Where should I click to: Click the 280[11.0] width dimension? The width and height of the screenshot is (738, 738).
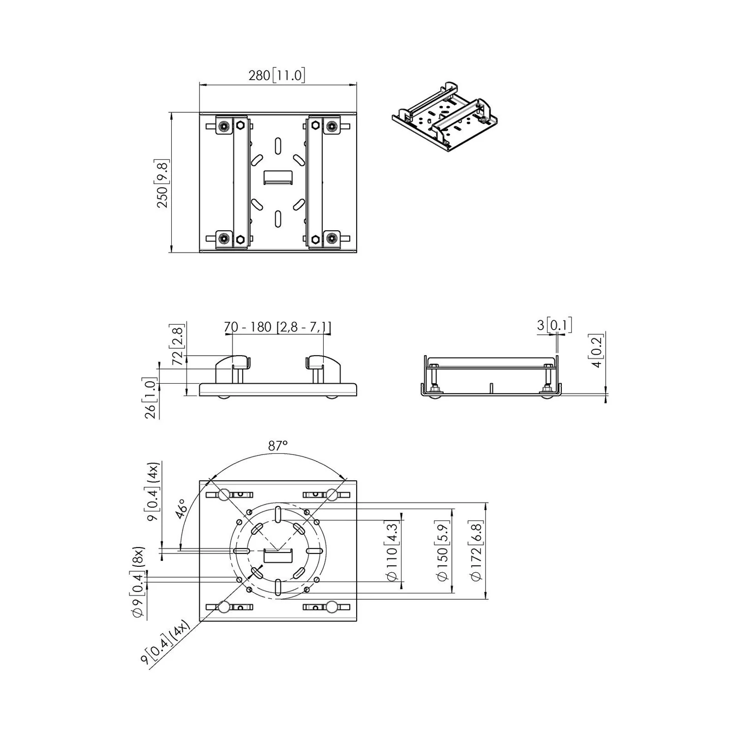[277, 75]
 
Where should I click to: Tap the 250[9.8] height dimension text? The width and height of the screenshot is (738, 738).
[162, 183]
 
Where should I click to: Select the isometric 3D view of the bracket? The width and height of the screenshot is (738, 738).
[444, 117]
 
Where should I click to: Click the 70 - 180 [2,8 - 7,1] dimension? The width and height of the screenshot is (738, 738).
[277, 327]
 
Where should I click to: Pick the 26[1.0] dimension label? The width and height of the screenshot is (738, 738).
[150, 398]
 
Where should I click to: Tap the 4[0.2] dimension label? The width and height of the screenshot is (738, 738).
[596, 351]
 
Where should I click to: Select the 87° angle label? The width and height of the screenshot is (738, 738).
[278, 446]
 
